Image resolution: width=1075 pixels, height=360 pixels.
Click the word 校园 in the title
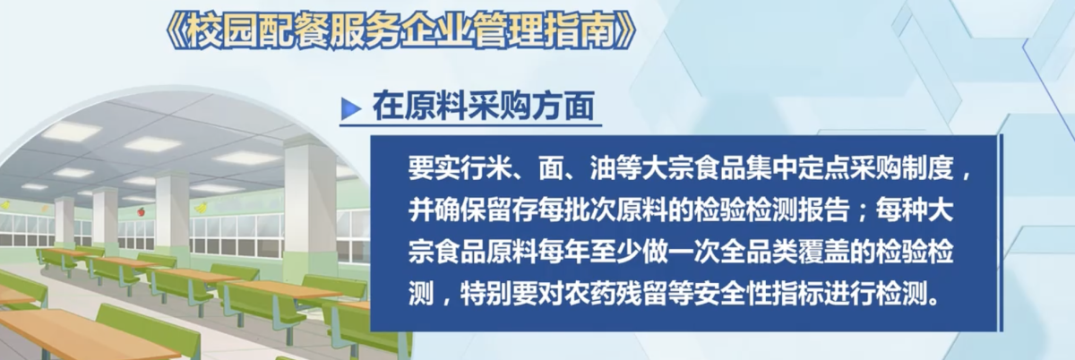[223, 33]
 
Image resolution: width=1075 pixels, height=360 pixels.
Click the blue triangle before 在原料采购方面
[351, 109]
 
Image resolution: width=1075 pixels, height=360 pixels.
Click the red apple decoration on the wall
[142, 211]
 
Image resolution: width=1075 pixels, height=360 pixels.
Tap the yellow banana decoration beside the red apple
[201, 208]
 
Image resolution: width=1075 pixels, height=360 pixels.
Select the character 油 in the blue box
[603, 168]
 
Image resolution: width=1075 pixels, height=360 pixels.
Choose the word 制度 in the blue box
[927, 168]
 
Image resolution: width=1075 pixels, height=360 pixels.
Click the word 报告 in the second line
[823, 210]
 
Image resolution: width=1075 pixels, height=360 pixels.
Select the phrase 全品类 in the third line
[759, 252]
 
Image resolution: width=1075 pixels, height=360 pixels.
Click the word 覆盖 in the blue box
[823, 252]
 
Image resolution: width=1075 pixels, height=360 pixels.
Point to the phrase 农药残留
[615, 293]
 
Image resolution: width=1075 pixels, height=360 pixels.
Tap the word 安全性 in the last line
[733, 293]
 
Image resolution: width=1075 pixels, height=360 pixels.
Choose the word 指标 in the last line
[797, 293]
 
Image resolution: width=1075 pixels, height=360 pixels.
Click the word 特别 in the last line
[486, 293]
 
